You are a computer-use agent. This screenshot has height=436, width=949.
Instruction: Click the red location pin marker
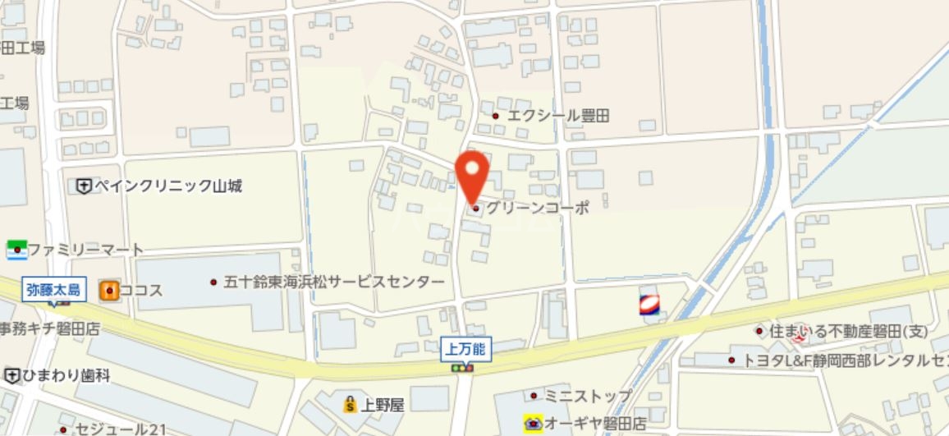click(472, 172)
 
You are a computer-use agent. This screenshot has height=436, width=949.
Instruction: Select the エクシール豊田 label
click(558, 117)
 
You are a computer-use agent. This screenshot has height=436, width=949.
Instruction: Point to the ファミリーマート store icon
click(17, 249)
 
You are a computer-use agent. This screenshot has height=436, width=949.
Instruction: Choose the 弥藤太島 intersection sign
click(53, 289)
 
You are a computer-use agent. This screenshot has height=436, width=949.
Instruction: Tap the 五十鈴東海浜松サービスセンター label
click(333, 282)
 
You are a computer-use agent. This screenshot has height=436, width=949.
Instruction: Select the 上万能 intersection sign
click(465, 349)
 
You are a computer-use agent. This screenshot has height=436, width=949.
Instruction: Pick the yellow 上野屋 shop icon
click(351, 404)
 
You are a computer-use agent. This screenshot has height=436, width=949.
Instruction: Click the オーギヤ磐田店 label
click(597, 424)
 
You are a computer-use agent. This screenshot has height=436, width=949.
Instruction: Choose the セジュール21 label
click(121, 429)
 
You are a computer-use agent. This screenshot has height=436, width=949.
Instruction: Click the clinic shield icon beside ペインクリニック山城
click(83, 186)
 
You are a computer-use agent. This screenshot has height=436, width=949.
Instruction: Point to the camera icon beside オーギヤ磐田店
click(534, 424)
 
